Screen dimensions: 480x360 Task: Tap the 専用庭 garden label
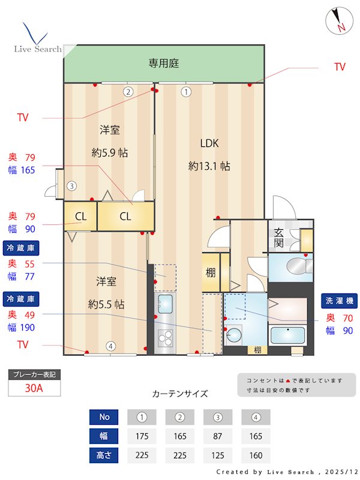[164, 63]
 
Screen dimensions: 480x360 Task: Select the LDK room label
[209, 143]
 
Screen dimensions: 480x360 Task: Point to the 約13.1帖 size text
[209, 166]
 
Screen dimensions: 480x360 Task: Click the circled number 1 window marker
[186, 92]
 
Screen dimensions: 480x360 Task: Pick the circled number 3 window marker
[71, 186]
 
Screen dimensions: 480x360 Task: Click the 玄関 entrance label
[279, 238]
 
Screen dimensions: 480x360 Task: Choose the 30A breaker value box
[34, 388]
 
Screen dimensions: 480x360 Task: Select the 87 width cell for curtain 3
[218, 436]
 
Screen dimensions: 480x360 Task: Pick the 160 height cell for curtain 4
[256, 455]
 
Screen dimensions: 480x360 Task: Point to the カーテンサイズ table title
[180, 394]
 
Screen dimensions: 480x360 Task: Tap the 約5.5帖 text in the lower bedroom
[106, 304]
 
